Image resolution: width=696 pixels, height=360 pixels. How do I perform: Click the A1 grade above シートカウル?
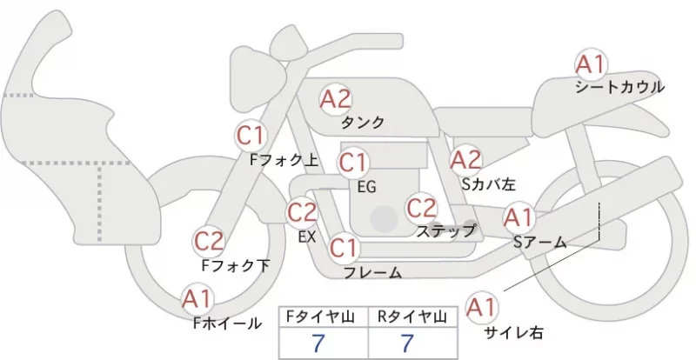click(591, 64)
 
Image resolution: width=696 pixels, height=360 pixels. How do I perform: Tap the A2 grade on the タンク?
click(336, 99)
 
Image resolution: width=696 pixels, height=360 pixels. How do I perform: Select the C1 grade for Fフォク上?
click(251, 135)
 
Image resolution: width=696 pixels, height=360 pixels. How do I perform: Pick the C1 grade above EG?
click(353, 163)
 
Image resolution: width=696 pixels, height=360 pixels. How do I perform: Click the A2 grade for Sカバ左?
click(466, 160)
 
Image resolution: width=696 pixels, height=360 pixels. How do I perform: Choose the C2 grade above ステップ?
click(421, 208)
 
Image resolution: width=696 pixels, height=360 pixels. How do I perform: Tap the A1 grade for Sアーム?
click(519, 217)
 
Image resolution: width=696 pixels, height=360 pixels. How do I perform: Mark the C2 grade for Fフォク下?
click(209, 242)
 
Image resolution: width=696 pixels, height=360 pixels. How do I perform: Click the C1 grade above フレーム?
click(344, 248)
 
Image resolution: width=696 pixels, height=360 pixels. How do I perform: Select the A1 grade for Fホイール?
click(197, 299)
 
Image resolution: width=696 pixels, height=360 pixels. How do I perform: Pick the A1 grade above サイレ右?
click(482, 307)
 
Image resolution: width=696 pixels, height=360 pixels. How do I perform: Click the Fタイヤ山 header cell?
click(324, 317)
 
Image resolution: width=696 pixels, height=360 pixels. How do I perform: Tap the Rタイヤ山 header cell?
click(412, 317)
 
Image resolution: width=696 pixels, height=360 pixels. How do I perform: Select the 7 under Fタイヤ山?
click(318, 343)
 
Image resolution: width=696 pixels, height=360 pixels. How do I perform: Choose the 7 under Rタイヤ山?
click(407, 343)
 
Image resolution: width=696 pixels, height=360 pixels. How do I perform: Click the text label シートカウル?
click(619, 87)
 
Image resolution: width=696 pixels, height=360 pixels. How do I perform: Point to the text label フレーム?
click(373, 273)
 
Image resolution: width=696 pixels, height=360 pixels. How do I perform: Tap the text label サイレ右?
click(513, 332)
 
